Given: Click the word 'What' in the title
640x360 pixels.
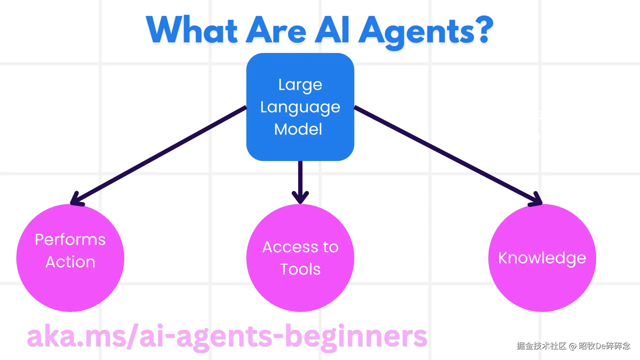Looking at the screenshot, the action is tap(192, 30).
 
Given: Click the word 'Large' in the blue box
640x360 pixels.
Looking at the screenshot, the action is tap(300, 85).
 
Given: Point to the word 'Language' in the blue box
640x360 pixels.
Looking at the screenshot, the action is tap(300, 107).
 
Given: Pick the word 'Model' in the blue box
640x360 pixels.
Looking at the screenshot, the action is tap(298, 129).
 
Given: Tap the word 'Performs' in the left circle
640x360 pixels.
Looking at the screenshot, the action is tap(70, 239).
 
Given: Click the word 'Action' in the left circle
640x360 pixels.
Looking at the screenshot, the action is tap(70, 262).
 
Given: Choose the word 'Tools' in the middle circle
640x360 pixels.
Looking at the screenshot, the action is tap(300, 269).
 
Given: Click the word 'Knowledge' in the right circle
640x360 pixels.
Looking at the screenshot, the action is tap(542, 258).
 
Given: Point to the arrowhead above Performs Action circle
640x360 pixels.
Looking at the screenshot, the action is tap(77, 199).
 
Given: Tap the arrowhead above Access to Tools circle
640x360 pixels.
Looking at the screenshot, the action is tap(300, 197).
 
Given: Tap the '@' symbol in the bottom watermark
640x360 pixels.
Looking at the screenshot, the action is tap(573, 346).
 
